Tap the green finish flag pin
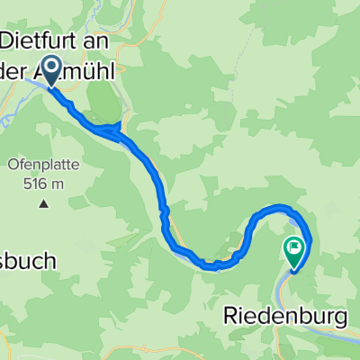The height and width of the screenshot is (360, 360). coord(295,251)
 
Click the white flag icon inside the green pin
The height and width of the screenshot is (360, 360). coord(295,246)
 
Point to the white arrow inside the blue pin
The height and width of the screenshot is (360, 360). coord(50,67)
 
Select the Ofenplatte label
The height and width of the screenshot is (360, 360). coord(45,166)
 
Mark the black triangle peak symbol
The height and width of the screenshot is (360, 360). coord(43,204)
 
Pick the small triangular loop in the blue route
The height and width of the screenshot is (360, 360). coord(112,130)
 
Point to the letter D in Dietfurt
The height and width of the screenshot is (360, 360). coord(11,40)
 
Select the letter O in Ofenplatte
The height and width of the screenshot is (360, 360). coord(13,166)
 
